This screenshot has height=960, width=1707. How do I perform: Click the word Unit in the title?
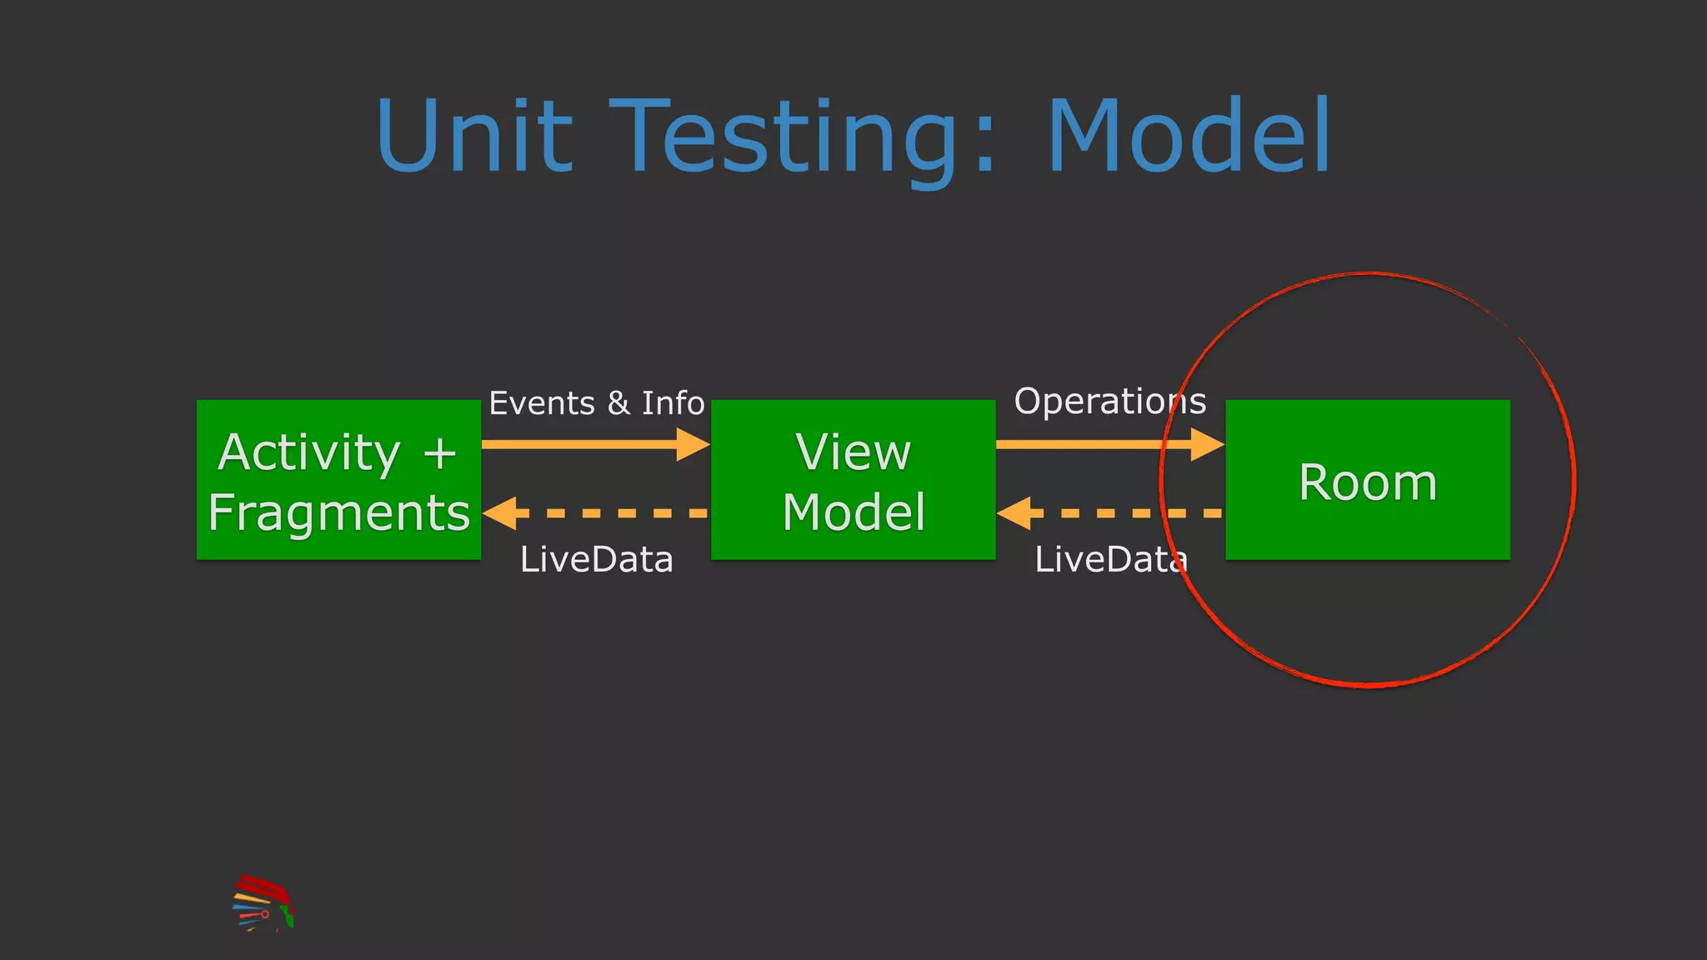(474, 135)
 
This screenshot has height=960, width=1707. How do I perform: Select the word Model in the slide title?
(1189, 135)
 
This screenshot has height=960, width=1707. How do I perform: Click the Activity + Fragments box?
(338, 480)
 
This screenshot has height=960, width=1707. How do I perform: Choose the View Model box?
(853, 480)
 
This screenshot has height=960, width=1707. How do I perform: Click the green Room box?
(1367, 480)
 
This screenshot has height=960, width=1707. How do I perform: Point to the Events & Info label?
(596, 403)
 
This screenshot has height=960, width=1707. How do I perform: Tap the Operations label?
(1109, 402)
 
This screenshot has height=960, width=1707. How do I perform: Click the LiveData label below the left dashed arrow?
(596, 559)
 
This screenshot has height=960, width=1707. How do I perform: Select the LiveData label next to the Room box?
(1109, 559)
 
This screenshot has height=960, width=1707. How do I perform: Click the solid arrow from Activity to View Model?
(595, 444)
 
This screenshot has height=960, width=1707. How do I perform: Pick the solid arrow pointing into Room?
(1109, 444)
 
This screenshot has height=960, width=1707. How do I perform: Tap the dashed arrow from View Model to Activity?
(595, 513)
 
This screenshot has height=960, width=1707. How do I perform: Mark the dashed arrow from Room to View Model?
(1109, 513)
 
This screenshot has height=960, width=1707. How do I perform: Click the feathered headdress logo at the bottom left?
(263, 903)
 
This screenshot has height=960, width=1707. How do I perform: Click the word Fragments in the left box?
(338, 512)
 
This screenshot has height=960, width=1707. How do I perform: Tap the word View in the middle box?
(853, 452)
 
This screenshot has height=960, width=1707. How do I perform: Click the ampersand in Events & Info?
(618, 403)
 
